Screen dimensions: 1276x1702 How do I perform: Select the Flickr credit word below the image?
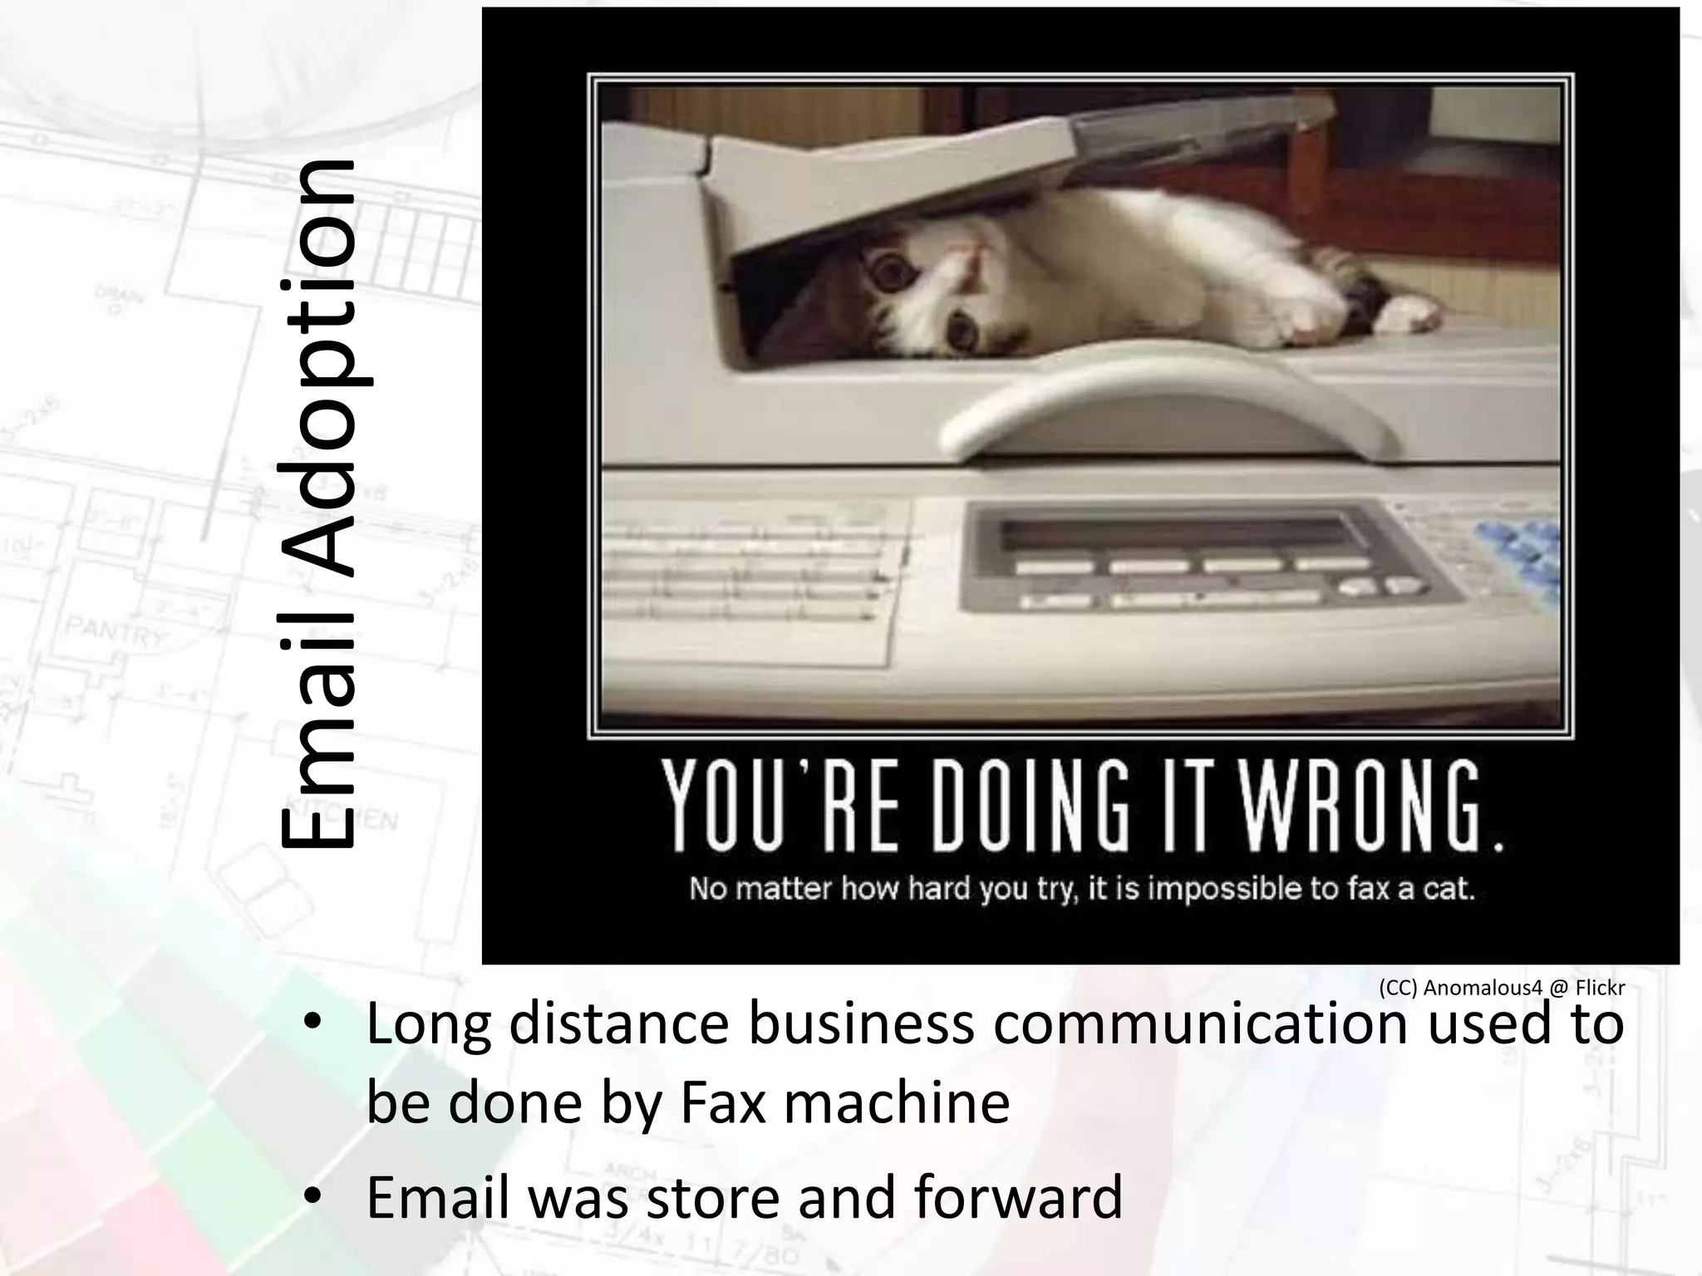click(x=1600, y=988)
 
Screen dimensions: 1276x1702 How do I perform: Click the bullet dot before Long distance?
click(x=312, y=1024)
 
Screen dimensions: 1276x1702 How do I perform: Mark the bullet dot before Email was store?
click(x=312, y=1197)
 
